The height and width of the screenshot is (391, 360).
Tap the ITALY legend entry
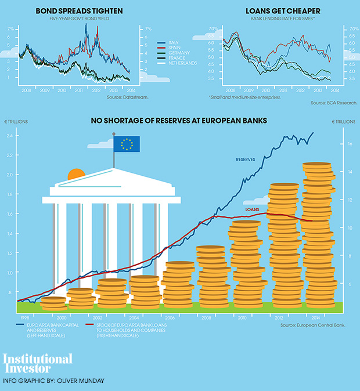click(172, 43)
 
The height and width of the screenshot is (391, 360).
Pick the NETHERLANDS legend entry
click(181, 63)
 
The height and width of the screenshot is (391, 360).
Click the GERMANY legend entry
click(175, 53)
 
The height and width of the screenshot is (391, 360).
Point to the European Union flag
click(127, 143)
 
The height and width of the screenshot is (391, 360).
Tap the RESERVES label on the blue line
click(246, 159)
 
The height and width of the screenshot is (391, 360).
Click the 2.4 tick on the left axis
click(10, 136)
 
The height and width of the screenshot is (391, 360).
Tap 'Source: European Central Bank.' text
click(312, 325)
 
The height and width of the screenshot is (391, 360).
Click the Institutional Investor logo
click(38, 363)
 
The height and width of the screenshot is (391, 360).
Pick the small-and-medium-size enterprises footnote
click(244, 96)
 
